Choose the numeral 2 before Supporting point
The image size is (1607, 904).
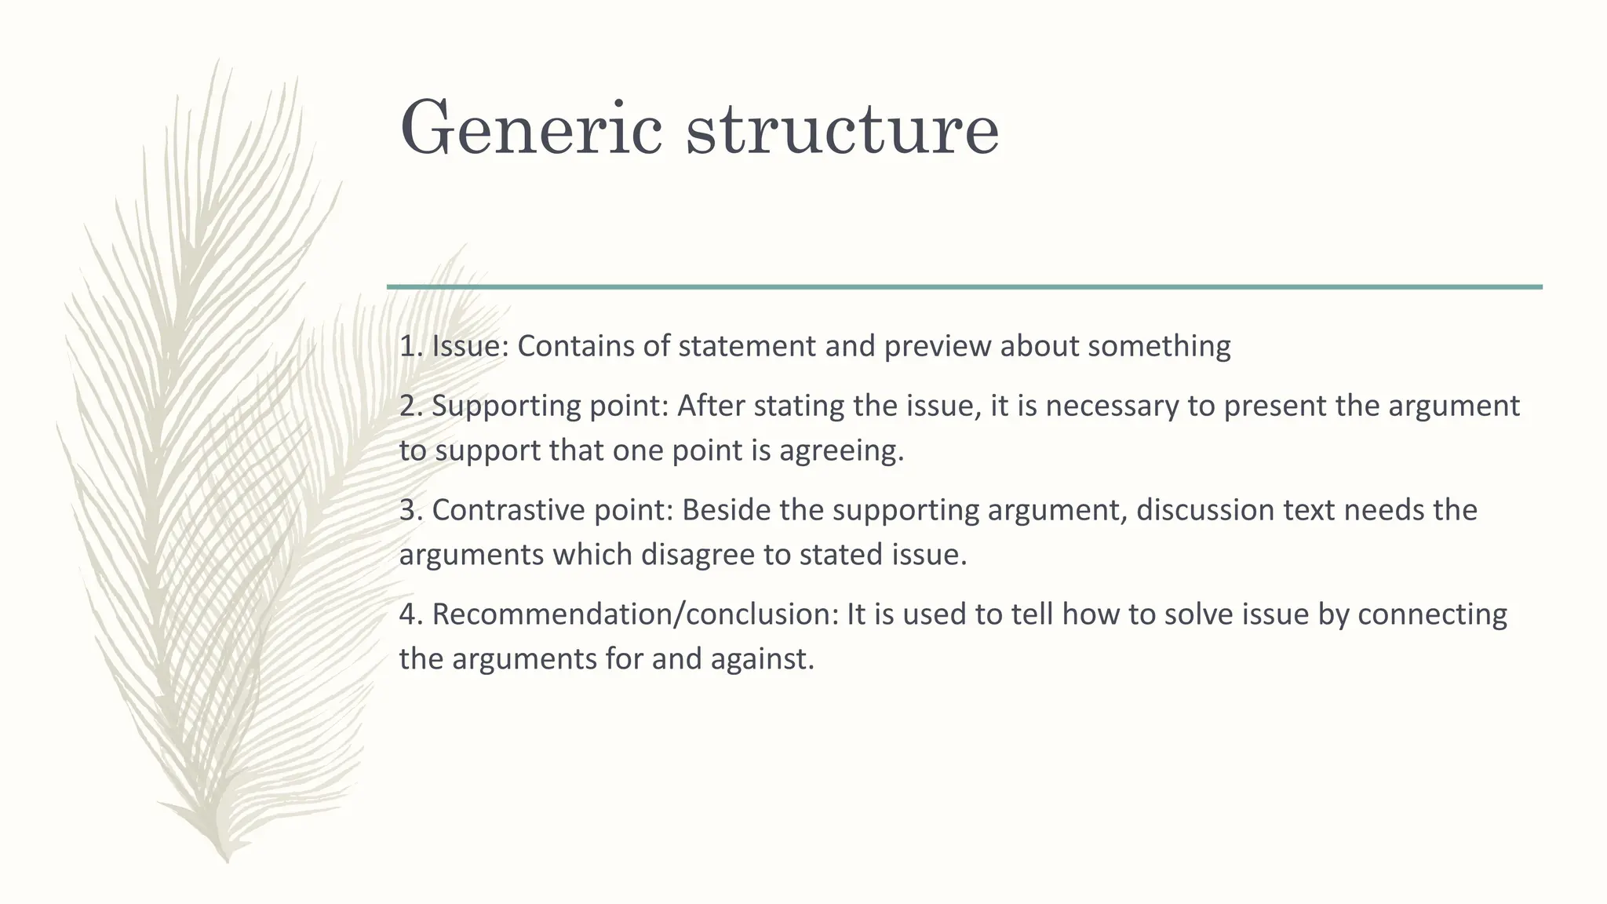(407, 406)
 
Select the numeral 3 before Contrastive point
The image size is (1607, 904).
(407, 510)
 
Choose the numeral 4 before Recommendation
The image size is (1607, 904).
(407, 614)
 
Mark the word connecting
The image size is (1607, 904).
(1432, 614)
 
